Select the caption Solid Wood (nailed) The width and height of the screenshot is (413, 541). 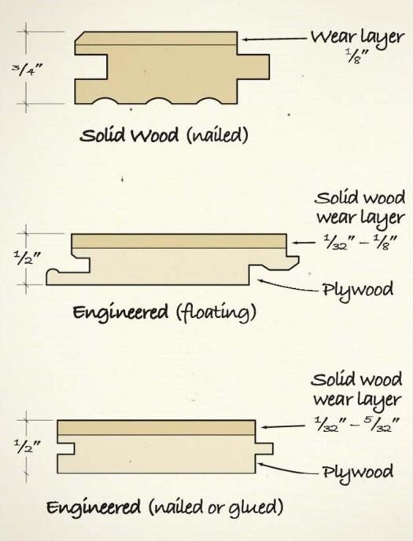point(164,135)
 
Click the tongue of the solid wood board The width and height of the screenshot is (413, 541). point(253,67)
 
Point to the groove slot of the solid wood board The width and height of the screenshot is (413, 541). point(91,67)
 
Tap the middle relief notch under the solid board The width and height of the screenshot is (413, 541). point(159,101)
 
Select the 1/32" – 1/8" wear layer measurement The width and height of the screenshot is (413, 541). point(360,242)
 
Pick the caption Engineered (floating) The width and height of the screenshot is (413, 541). point(164,313)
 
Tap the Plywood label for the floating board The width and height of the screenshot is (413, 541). point(357,291)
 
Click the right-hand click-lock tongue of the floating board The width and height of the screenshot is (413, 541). point(293,261)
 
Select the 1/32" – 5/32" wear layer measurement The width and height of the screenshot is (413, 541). point(357,425)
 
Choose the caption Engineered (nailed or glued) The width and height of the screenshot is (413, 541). point(165,506)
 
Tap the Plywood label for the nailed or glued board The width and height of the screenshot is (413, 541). point(357,473)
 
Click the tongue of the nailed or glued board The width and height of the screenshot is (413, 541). point(264,449)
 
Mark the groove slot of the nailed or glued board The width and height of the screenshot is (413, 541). point(66,449)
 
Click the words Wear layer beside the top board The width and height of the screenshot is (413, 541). point(357,37)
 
